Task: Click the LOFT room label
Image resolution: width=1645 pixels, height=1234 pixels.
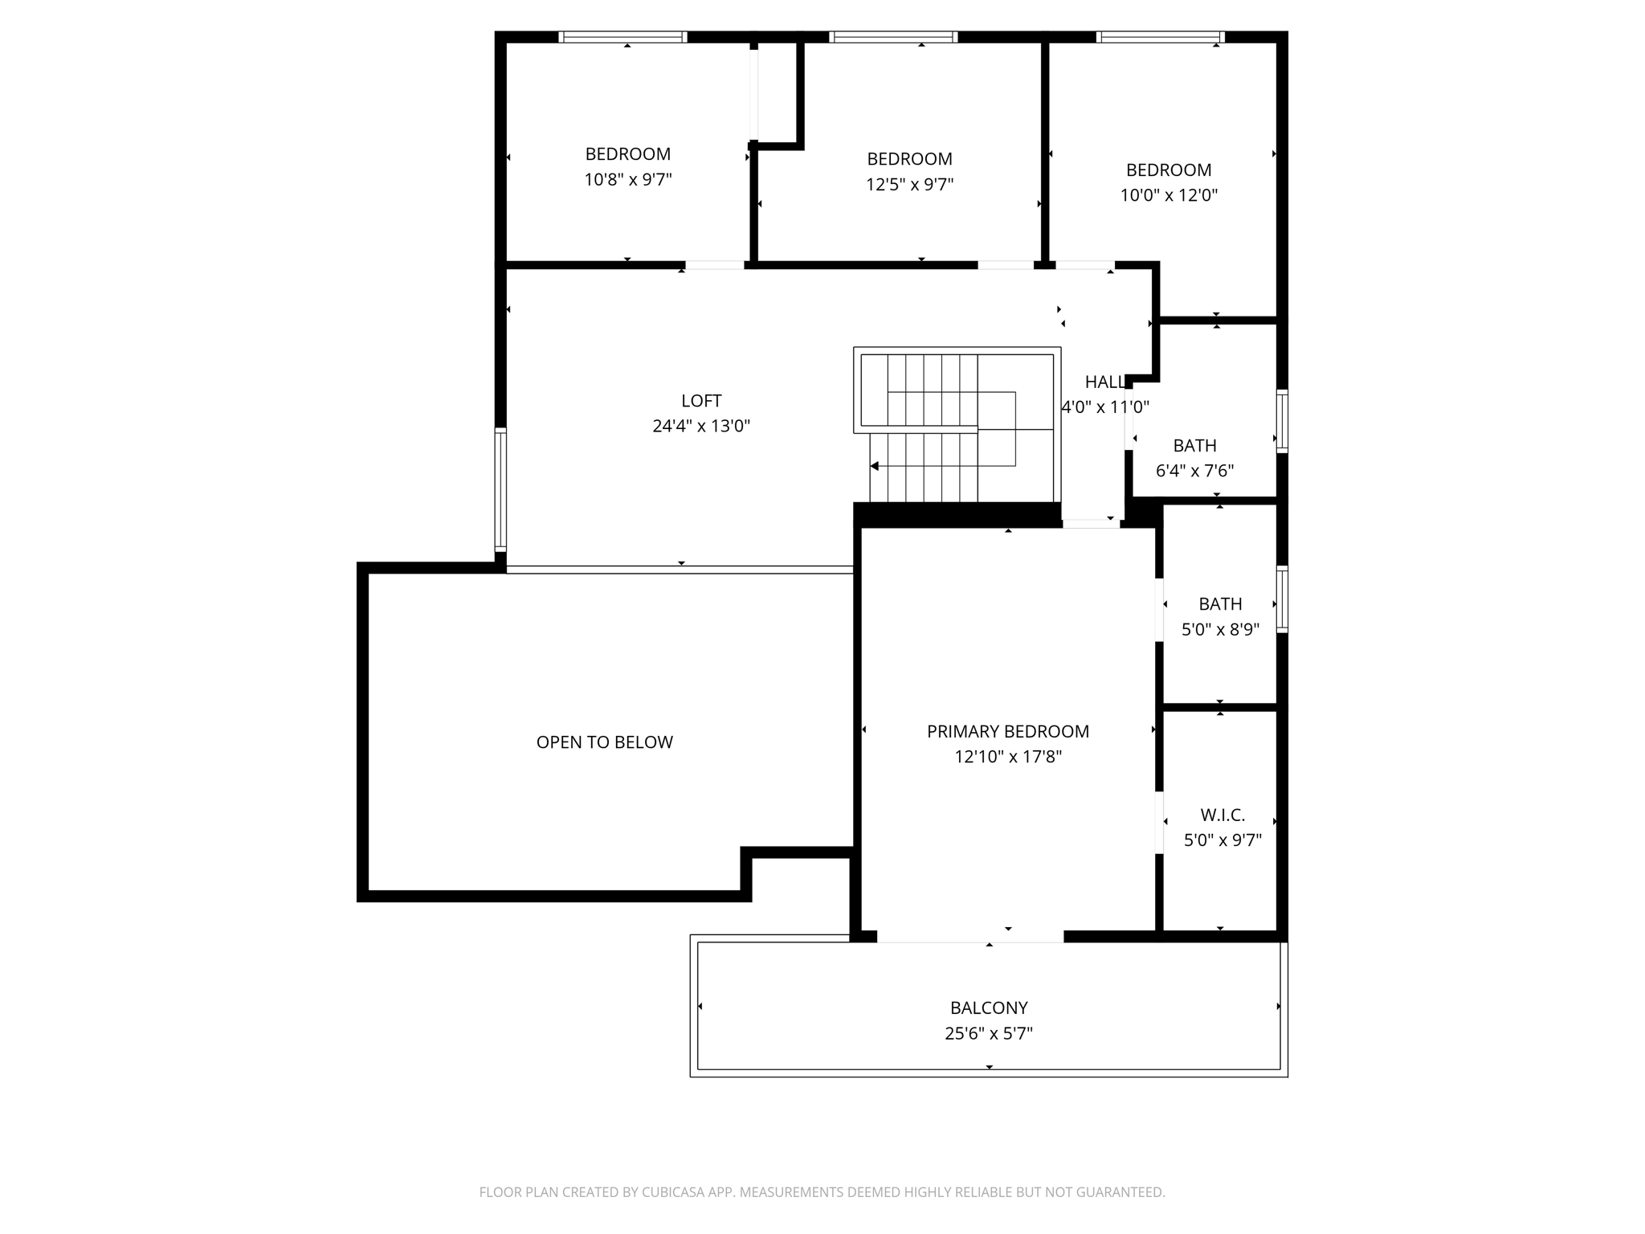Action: (701, 401)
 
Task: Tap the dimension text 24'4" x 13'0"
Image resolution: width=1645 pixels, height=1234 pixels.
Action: (701, 427)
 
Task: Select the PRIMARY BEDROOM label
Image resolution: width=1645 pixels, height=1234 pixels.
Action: (1008, 732)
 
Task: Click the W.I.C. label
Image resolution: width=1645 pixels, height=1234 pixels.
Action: (1223, 815)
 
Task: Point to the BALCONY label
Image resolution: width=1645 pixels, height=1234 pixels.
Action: (989, 1008)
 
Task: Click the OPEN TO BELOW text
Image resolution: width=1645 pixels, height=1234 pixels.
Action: (604, 742)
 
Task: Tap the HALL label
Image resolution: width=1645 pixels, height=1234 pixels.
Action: (1105, 382)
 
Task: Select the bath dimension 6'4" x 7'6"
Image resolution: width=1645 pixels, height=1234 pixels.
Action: (1194, 471)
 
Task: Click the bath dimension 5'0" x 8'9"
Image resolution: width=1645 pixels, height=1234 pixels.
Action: (1220, 629)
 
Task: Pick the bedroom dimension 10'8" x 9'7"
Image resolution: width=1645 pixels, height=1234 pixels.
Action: (627, 180)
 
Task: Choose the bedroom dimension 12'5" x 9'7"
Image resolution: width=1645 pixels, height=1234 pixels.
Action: (909, 185)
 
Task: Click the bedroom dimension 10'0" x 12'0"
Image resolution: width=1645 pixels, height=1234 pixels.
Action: (1169, 195)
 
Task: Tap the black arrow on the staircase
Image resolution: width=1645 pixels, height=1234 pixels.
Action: (874, 466)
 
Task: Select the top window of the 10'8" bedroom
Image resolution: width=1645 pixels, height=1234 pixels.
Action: (622, 37)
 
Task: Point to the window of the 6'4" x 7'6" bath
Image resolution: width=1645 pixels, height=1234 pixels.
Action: (1282, 421)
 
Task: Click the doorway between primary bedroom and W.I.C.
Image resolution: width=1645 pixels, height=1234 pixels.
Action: (1159, 823)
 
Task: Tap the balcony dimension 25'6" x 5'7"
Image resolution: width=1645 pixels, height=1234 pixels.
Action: (989, 1034)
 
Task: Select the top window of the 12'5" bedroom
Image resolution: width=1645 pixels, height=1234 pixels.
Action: (893, 37)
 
